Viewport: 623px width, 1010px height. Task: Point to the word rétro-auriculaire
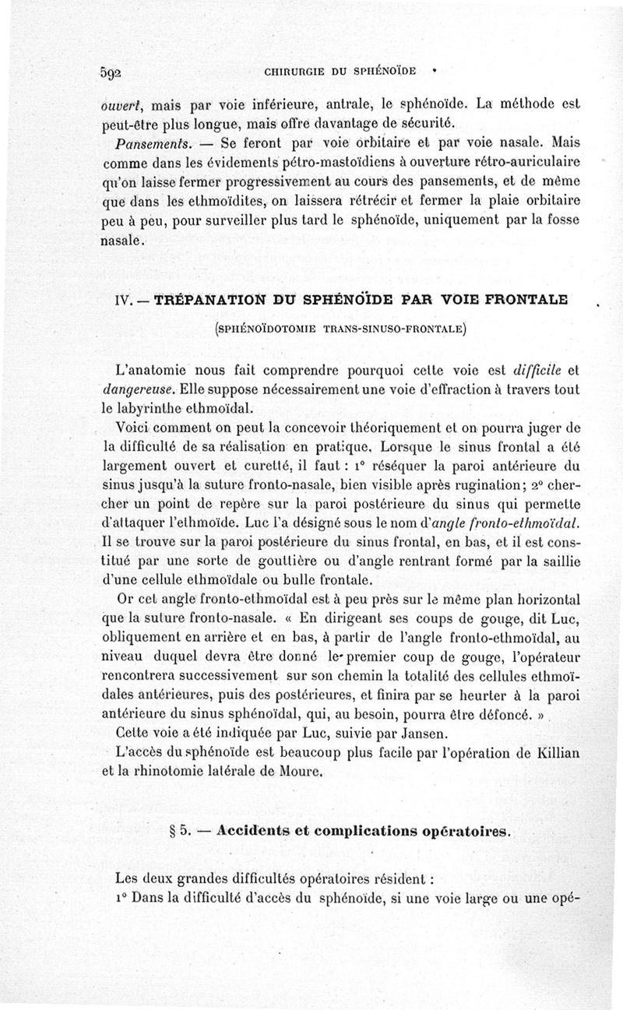pyautogui.click(x=532, y=164)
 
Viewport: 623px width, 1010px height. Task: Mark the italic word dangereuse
pyautogui.click(x=136, y=387)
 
